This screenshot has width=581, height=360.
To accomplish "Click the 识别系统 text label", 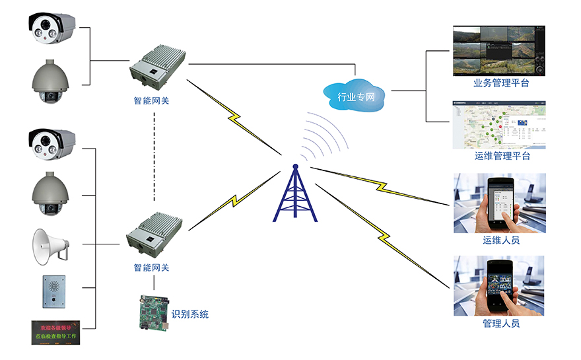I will (189, 314).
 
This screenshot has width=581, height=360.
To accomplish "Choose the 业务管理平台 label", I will (501, 84).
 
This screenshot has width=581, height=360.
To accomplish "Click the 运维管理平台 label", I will (501, 157).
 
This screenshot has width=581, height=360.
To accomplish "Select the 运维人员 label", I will (501, 240).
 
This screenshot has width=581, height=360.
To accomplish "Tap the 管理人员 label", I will (501, 323).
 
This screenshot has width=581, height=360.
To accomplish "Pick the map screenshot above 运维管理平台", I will (499, 125).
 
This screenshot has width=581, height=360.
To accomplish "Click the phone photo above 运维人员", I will (499, 203).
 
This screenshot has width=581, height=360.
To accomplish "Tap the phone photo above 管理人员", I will (499, 286).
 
